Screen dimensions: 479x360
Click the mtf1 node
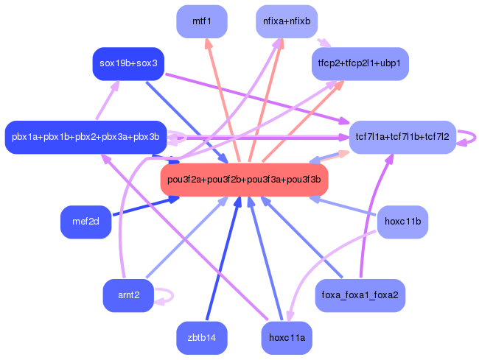click(202, 21)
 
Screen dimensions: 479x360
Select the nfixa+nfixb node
click(287, 21)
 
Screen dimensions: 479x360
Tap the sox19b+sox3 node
click(128, 64)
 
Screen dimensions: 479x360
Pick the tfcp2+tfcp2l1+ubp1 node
click(360, 64)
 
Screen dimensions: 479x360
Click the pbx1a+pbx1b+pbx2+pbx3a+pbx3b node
click(85, 137)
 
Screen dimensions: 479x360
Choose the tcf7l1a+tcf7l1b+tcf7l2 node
click(402, 137)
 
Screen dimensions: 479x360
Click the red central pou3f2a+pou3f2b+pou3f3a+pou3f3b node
click(245, 180)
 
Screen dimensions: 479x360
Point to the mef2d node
click(85, 222)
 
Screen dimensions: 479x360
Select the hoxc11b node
click(402, 222)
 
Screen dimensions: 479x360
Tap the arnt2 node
click(128, 295)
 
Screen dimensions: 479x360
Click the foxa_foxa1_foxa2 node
click(360, 295)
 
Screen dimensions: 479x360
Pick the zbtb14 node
click(202, 338)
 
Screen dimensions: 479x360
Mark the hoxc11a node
click(287, 338)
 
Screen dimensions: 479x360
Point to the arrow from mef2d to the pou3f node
click(146, 206)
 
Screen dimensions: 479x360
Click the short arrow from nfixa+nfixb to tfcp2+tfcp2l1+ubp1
click(324, 43)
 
